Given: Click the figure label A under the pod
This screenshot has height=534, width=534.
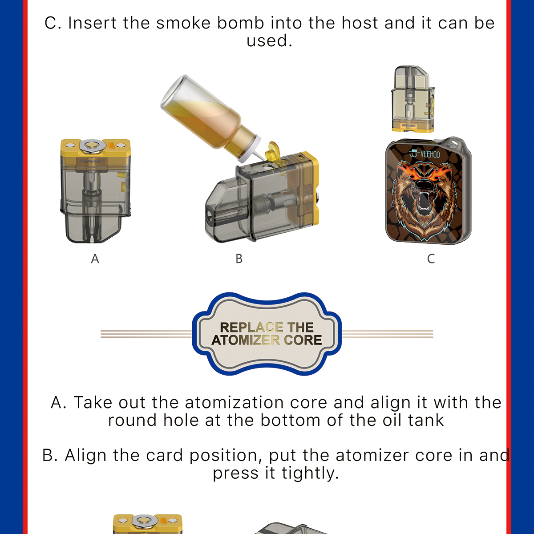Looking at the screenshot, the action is pyautogui.click(x=95, y=259).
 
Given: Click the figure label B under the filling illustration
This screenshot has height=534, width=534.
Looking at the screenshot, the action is pyautogui.click(x=239, y=259).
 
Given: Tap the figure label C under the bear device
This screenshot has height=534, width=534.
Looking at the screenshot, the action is pyautogui.click(x=431, y=259).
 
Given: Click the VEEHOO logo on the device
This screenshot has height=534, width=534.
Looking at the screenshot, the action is pyautogui.click(x=425, y=154).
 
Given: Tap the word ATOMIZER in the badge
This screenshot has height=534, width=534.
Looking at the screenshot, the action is pyautogui.click(x=246, y=340).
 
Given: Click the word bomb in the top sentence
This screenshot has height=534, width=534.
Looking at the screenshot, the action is pyautogui.click(x=240, y=23).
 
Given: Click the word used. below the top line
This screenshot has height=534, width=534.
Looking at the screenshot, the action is pyautogui.click(x=269, y=41).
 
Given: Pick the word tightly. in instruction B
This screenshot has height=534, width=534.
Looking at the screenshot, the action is pyautogui.click(x=310, y=473).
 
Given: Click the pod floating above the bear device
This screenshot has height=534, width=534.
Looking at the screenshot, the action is pyautogui.click(x=413, y=99).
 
